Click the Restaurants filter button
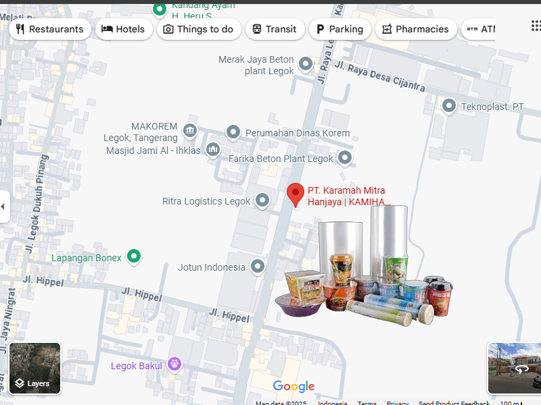click(x=49, y=29)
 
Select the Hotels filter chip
click(x=123, y=29)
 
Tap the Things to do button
click(x=198, y=29)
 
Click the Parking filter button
click(x=339, y=29)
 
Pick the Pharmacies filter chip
click(x=415, y=29)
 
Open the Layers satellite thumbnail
click(x=34, y=368)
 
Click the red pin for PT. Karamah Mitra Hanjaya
click(x=296, y=194)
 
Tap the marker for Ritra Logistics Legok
click(x=262, y=200)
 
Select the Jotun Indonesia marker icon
click(x=258, y=267)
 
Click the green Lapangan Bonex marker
click(x=134, y=256)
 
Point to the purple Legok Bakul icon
click(x=174, y=364)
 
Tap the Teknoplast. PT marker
click(x=449, y=106)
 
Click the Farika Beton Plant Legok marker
click(x=345, y=158)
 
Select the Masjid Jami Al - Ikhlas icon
click(x=213, y=149)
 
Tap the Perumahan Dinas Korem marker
click(x=233, y=132)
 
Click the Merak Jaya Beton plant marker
click(x=306, y=64)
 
